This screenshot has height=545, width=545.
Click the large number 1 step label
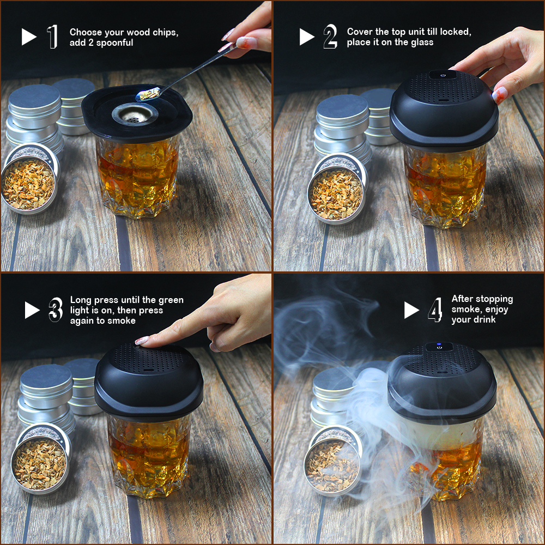click(x=52, y=37)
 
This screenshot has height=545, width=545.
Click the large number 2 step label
click(x=330, y=37)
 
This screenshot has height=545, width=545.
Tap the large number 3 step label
click(x=56, y=310)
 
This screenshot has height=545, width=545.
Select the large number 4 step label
click(x=435, y=310)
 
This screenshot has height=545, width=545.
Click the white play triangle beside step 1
click(x=28, y=37)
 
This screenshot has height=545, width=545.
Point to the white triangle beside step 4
click(x=411, y=310)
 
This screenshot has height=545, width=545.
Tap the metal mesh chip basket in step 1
click(x=135, y=113)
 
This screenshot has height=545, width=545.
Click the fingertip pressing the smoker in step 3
click(x=142, y=341)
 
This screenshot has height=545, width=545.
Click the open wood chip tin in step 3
click(x=39, y=460)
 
